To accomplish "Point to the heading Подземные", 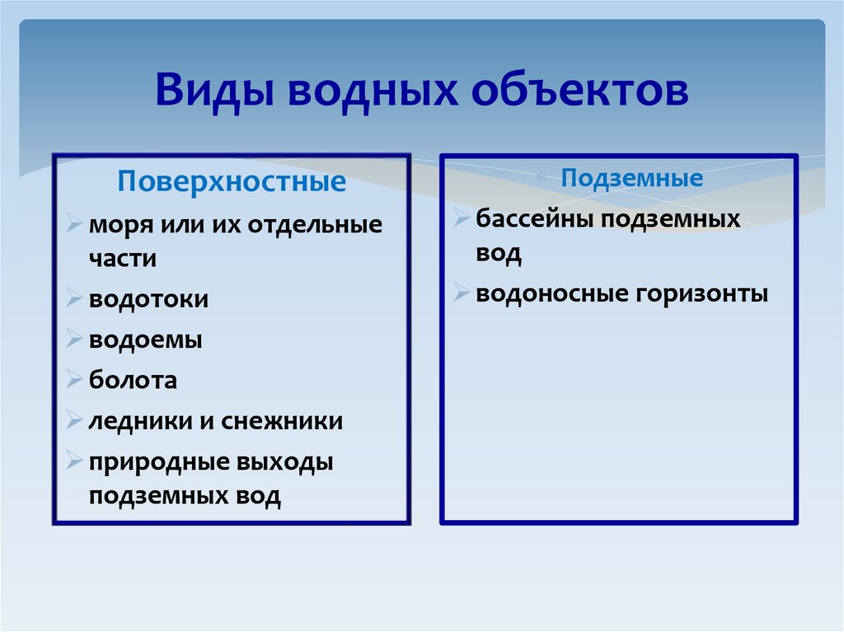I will point(632,178).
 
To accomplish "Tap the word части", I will point(123,259).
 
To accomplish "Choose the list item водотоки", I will point(149,299).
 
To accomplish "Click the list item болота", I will point(134,380).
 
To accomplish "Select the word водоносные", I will point(549,293).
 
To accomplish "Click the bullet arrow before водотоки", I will point(75,299).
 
